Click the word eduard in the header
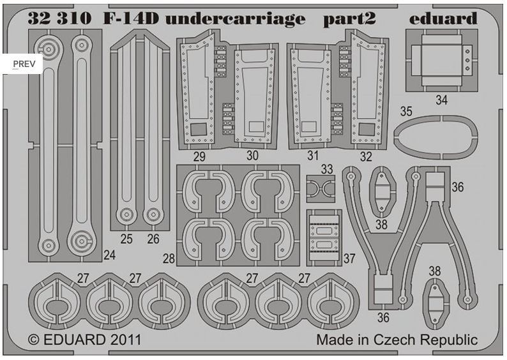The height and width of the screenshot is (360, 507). [443, 19]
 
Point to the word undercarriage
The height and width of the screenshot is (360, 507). [236, 20]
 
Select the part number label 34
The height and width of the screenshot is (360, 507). [442, 100]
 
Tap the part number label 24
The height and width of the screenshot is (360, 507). [110, 255]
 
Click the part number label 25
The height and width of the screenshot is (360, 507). [126, 239]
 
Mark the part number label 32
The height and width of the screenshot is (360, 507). [367, 156]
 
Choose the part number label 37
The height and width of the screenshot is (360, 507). [349, 259]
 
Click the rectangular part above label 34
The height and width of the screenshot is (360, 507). [441, 59]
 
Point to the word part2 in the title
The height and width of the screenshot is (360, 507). [345, 20]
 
